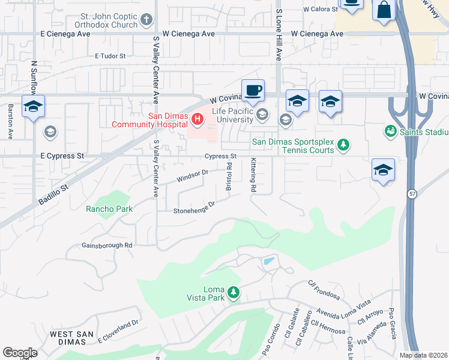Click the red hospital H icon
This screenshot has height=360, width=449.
[197, 120]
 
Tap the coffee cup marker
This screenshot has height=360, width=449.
[253, 90]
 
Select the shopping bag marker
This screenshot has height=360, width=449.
[383, 10]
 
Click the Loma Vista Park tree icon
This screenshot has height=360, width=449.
[233, 293]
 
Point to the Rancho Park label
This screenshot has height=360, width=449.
[109, 209]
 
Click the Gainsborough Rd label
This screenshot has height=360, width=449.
[107, 245]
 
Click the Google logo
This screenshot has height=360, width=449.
[20, 353]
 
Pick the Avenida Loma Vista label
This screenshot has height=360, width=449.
[344, 311]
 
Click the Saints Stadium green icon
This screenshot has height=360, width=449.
[390, 130]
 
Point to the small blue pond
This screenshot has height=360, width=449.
[268, 262]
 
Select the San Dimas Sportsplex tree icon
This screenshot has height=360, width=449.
[343, 145]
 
